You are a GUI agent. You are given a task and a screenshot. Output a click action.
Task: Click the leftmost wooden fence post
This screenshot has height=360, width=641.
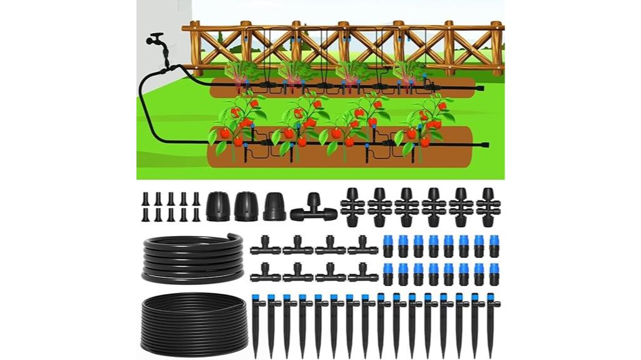pos(195,47)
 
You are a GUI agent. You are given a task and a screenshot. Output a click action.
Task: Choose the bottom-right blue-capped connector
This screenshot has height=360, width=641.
pos(495,274)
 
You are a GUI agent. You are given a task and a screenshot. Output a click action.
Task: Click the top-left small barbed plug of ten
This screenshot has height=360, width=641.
pos(145,199)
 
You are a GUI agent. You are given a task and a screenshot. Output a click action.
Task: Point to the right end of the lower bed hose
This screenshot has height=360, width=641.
pos(486,147)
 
